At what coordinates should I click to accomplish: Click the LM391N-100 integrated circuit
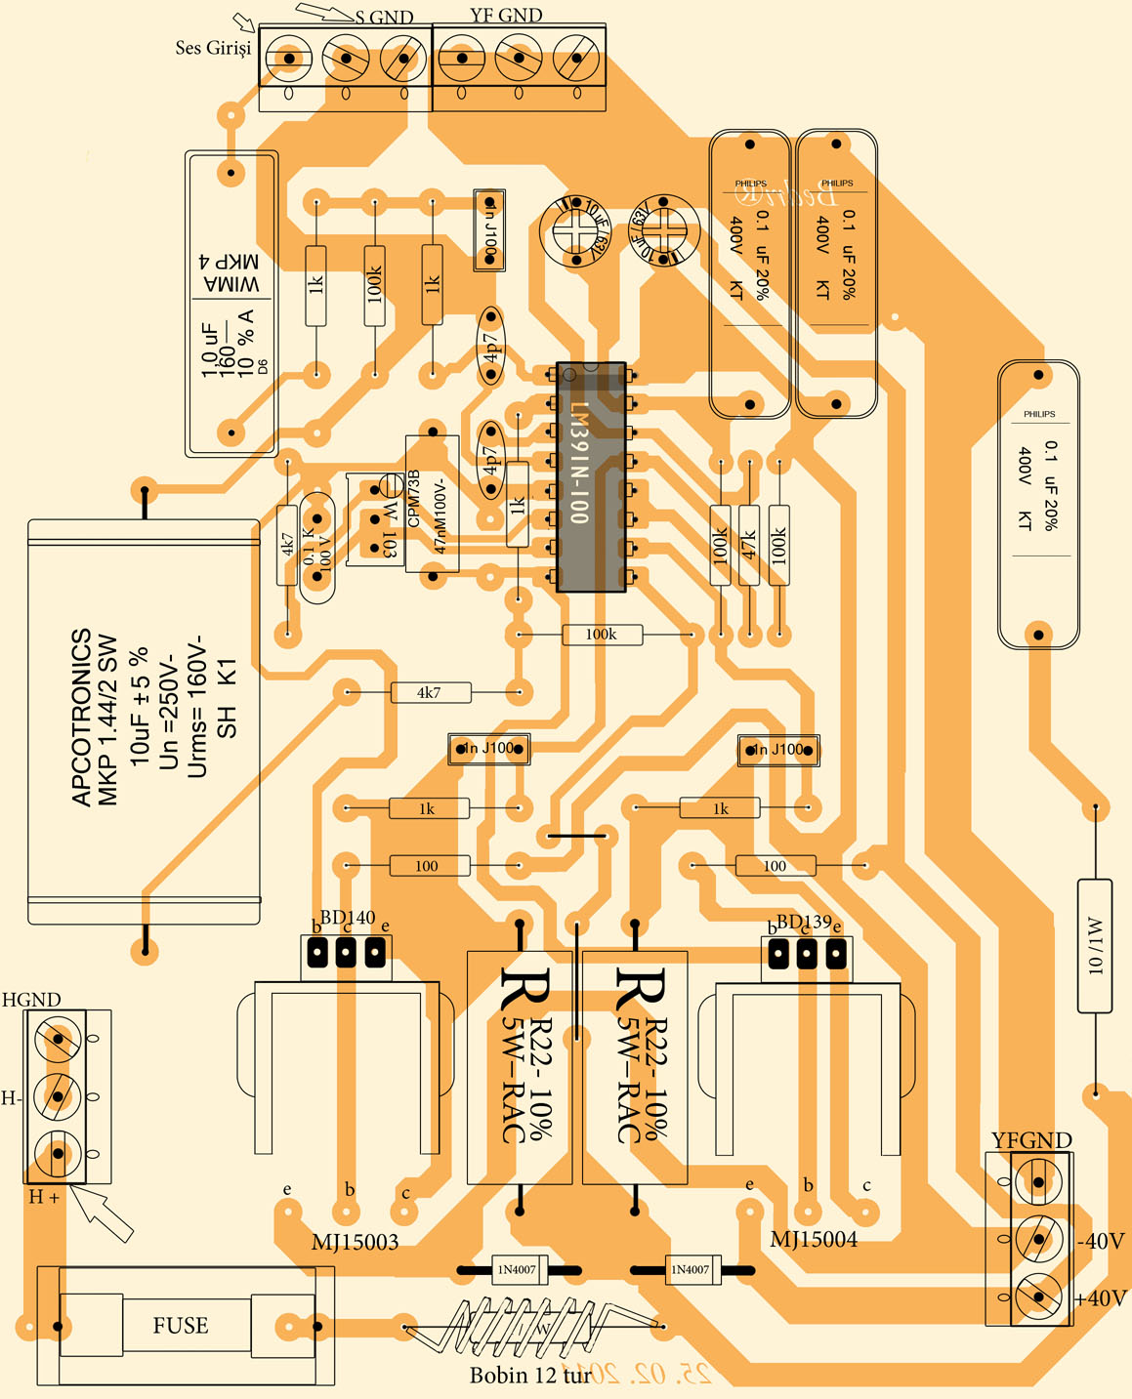tap(590, 476)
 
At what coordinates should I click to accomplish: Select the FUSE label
tap(181, 1326)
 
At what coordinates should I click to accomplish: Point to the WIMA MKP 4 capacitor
tap(231, 303)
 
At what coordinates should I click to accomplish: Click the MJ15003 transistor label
tap(355, 1242)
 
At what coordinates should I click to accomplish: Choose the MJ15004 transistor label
tap(814, 1240)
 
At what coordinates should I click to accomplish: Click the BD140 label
tap(348, 918)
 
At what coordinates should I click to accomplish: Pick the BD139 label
tap(804, 922)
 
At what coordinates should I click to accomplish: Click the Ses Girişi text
tap(213, 47)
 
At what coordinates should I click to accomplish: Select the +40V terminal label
tap(1101, 1298)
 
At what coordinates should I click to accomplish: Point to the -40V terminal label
tap(1101, 1242)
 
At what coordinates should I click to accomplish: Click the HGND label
tap(31, 1000)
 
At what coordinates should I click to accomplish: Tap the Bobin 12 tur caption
tap(530, 1376)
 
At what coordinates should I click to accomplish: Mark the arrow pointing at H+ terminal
tap(105, 1212)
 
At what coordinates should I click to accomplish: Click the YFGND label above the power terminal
tap(1031, 1140)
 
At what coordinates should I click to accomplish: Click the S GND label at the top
tap(384, 18)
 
